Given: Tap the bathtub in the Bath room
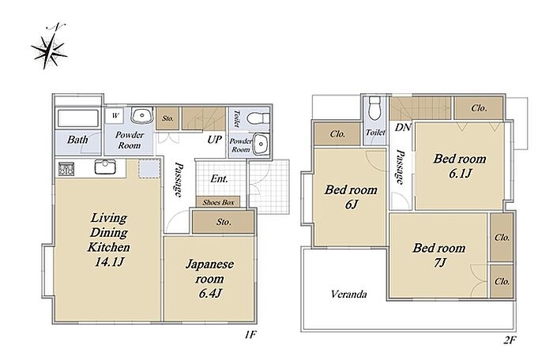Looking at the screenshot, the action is (x=77, y=118).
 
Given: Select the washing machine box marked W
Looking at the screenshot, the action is (x=115, y=115).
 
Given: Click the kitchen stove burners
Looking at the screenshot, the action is (x=66, y=169).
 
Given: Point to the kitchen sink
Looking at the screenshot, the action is (x=105, y=167).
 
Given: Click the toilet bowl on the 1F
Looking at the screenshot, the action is (x=258, y=118).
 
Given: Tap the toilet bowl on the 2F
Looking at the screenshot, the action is (x=374, y=108).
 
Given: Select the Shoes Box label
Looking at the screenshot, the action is (x=218, y=202).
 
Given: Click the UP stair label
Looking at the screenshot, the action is (x=214, y=140).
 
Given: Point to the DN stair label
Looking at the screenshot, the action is (x=403, y=127).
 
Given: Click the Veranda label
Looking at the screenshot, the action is (x=349, y=294).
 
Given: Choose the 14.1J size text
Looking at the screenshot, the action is (x=109, y=262).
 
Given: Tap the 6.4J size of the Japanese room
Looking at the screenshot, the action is (x=210, y=293).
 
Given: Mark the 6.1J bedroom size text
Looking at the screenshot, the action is (x=460, y=174).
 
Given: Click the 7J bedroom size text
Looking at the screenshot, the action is (x=440, y=263).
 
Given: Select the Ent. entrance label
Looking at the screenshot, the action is (x=220, y=178).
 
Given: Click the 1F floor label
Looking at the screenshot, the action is (x=250, y=334).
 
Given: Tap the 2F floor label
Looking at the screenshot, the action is (x=510, y=340).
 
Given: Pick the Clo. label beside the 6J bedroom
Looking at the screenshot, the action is (x=337, y=134).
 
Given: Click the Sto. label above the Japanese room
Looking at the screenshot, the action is (x=224, y=222).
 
